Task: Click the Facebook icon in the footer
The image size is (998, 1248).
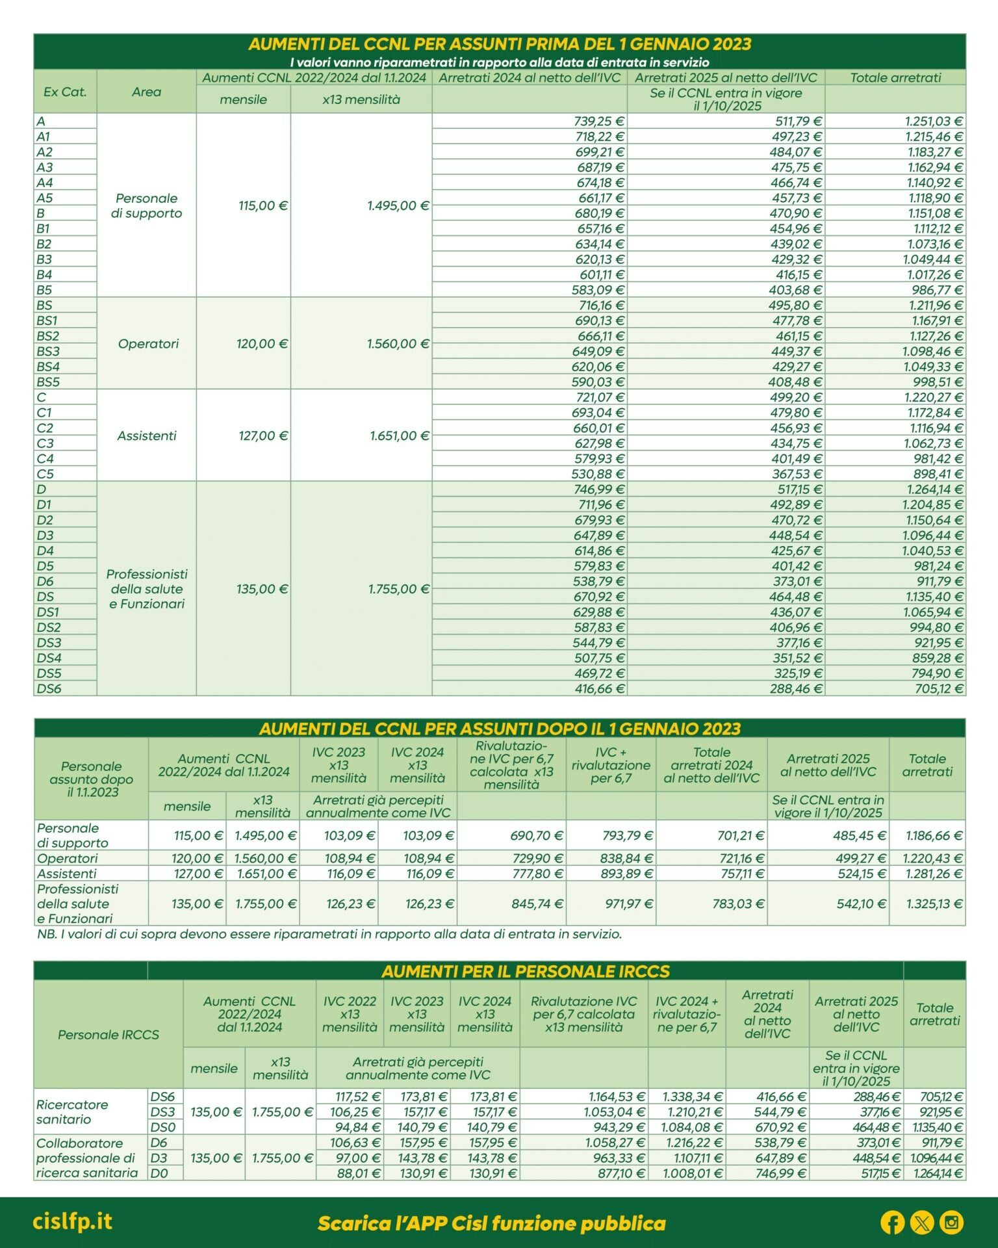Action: (892, 1223)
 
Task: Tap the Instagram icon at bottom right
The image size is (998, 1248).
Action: (951, 1223)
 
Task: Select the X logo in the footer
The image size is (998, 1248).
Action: (922, 1223)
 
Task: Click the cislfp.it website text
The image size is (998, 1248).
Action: (72, 1221)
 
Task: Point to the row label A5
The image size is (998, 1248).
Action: (45, 198)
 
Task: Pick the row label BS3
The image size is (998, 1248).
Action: (48, 352)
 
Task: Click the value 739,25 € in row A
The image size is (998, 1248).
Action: (598, 122)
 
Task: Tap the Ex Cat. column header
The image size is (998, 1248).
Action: (65, 92)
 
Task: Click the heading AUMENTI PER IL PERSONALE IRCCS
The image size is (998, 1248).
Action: (525, 971)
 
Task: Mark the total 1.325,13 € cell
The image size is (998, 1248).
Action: (932, 904)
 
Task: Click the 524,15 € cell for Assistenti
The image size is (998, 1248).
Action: (862, 874)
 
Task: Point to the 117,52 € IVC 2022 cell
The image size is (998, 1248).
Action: (355, 1097)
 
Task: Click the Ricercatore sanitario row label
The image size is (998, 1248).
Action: (72, 1111)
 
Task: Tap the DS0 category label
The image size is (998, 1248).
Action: (162, 1127)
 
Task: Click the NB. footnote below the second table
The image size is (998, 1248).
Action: (329, 934)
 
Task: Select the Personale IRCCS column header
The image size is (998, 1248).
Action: (108, 1034)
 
